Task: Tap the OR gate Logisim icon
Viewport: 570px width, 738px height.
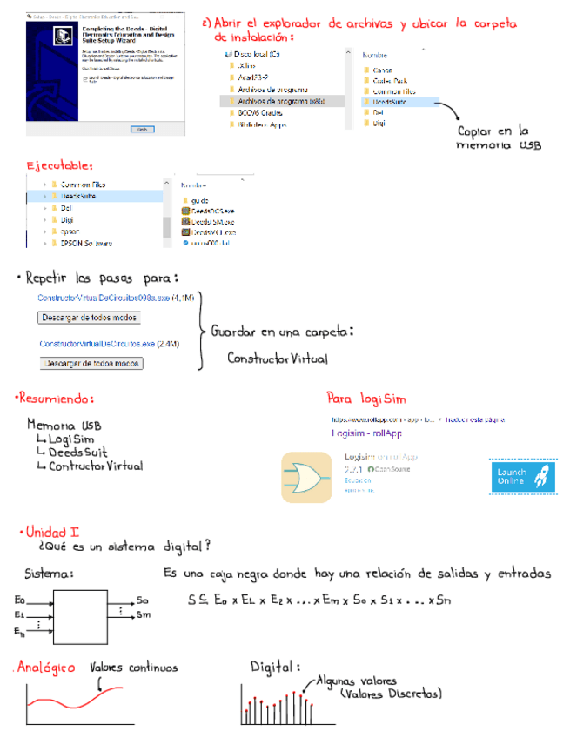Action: click(305, 478)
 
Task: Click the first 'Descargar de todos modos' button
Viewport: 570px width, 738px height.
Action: click(90, 318)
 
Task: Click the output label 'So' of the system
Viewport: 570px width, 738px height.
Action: click(143, 601)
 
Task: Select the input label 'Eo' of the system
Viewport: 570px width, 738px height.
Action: click(20, 600)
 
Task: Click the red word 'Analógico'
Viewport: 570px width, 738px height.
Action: click(46, 668)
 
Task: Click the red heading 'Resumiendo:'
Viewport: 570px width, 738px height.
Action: click(54, 399)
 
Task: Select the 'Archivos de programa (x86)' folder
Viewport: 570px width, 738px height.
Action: click(274, 101)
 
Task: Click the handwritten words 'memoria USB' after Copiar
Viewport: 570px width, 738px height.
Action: click(498, 146)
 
